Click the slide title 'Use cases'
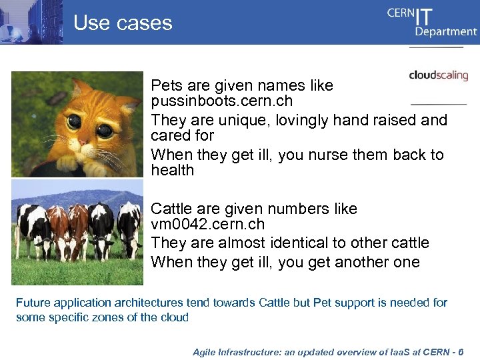(x=123, y=23)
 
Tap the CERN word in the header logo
(x=400, y=14)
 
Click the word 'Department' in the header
(x=445, y=31)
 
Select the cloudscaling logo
(x=438, y=75)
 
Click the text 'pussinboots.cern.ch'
(x=221, y=102)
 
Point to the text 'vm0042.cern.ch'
(x=207, y=225)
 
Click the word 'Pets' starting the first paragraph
(x=166, y=86)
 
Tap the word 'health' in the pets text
(x=172, y=171)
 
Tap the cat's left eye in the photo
(x=73, y=123)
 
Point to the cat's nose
(x=88, y=139)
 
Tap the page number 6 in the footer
(x=461, y=352)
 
